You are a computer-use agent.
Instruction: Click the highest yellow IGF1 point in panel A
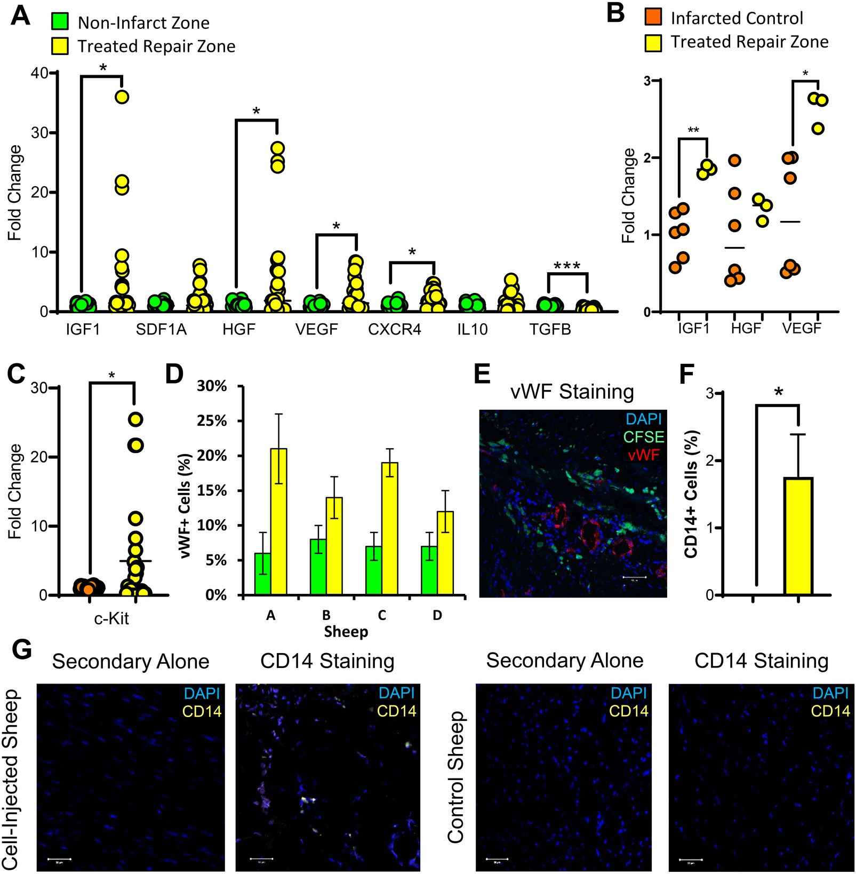pyautogui.click(x=122, y=97)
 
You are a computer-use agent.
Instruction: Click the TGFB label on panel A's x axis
pyautogui.click(x=550, y=329)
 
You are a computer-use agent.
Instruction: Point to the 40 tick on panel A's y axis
pyautogui.click(x=39, y=73)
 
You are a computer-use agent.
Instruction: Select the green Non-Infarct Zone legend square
pyautogui.click(x=60, y=22)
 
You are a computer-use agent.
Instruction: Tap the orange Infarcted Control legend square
pyautogui.click(x=653, y=17)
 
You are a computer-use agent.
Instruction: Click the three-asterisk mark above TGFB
pyautogui.click(x=567, y=266)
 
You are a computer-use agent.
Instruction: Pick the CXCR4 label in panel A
pyautogui.click(x=394, y=329)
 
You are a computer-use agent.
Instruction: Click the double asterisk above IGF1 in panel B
pyautogui.click(x=693, y=131)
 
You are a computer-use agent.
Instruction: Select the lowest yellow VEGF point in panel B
pyautogui.click(x=818, y=128)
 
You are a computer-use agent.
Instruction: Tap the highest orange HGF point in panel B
pyautogui.click(x=735, y=161)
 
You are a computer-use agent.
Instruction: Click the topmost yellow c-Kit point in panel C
pyautogui.click(x=135, y=419)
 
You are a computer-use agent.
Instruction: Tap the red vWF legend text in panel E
pyautogui.click(x=643, y=455)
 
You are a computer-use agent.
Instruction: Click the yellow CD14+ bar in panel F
pyautogui.click(x=798, y=536)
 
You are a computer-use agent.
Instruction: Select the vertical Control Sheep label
pyautogui.click(x=456, y=777)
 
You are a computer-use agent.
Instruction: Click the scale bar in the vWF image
pyautogui.click(x=634, y=577)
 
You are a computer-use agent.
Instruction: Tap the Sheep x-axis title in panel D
pyautogui.click(x=346, y=632)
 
